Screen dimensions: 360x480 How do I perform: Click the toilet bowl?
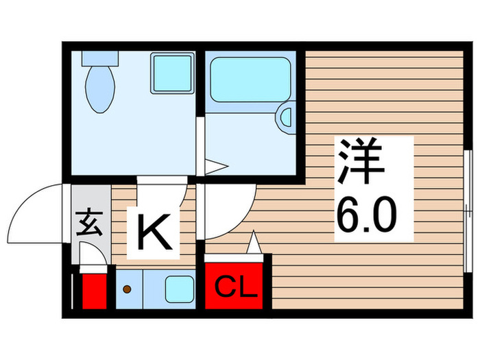point(100,88)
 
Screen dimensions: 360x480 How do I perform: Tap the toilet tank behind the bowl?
point(101,58)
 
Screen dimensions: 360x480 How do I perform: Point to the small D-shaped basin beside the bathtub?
point(286,117)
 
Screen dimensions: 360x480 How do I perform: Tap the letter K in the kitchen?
point(156,233)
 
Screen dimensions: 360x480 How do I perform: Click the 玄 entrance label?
point(88,224)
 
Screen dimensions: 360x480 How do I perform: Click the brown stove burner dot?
point(127,289)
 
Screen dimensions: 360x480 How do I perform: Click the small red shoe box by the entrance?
point(93,291)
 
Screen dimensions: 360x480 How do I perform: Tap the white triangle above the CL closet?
point(254,243)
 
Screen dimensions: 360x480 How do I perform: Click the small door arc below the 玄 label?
point(93,258)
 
